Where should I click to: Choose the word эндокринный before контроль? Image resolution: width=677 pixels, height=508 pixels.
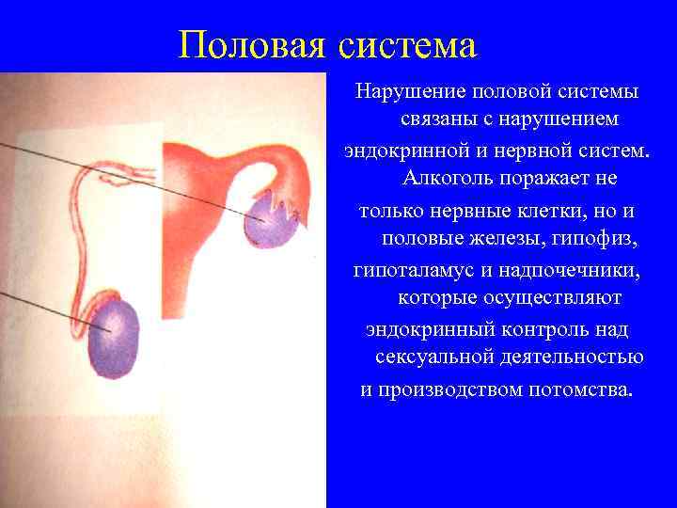pos(420,329)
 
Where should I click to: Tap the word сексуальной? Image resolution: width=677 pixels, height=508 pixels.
pos(433,358)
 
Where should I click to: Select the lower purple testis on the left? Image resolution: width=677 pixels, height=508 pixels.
pos(114,338)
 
